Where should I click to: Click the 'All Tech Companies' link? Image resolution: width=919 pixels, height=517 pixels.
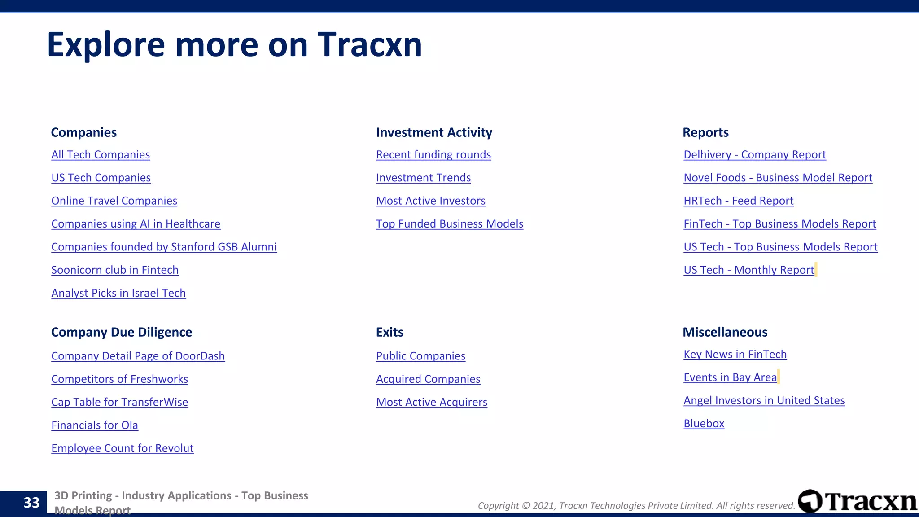tap(101, 155)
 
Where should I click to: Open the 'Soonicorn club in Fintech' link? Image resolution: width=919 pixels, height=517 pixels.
tap(115, 270)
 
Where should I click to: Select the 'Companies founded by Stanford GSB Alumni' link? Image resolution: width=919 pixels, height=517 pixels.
tap(164, 247)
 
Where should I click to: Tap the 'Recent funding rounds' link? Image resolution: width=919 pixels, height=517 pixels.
tap(433, 155)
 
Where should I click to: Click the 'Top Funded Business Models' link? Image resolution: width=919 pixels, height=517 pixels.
tap(450, 224)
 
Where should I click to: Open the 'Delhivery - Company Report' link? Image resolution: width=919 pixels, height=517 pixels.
tap(754, 155)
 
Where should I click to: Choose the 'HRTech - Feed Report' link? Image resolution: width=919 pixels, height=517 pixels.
tap(738, 201)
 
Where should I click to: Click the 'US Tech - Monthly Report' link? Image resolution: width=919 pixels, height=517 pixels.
tap(748, 270)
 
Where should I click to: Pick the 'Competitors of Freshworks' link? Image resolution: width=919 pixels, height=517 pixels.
tap(119, 379)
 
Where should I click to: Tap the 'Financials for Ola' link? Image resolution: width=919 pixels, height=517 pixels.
tap(95, 425)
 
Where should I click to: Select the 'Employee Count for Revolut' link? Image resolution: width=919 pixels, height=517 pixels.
tap(123, 448)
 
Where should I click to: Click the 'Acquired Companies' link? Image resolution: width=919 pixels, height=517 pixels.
tap(428, 379)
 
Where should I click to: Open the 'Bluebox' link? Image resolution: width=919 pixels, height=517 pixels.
tap(704, 424)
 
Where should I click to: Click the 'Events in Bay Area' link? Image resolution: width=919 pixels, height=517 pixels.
tap(730, 377)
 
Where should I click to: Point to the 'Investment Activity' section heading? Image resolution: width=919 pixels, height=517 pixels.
tap(434, 132)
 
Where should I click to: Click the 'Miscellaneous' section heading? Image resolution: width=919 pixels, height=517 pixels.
tap(725, 332)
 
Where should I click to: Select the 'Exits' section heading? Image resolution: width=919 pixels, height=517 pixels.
tap(389, 332)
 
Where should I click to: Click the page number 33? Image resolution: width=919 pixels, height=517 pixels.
tap(31, 503)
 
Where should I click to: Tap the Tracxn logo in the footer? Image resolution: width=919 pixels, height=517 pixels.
tap(858, 501)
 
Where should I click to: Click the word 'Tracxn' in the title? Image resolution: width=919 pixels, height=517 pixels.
tap(370, 44)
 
